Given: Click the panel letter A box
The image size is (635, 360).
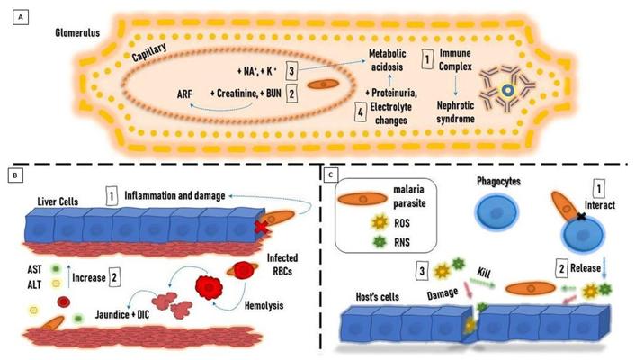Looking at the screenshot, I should click(13, 16).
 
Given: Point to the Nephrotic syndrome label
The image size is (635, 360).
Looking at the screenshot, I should click(448, 110).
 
